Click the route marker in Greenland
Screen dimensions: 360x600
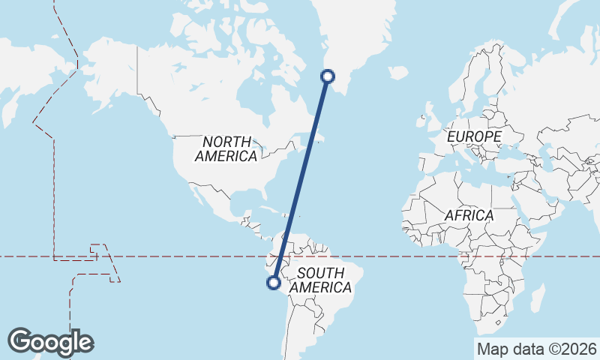[x=327, y=75]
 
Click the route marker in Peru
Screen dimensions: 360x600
[x=274, y=283]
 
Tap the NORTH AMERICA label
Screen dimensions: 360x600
[x=226, y=148]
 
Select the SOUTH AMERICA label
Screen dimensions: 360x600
[x=320, y=280]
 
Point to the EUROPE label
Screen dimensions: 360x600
[x=473, y=137]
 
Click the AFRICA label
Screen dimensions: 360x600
[x=469, y=215]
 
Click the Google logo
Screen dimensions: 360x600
[x=50, y=341]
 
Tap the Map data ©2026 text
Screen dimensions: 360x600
[x=537, y=349]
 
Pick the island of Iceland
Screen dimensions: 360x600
[x=398, y=73]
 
